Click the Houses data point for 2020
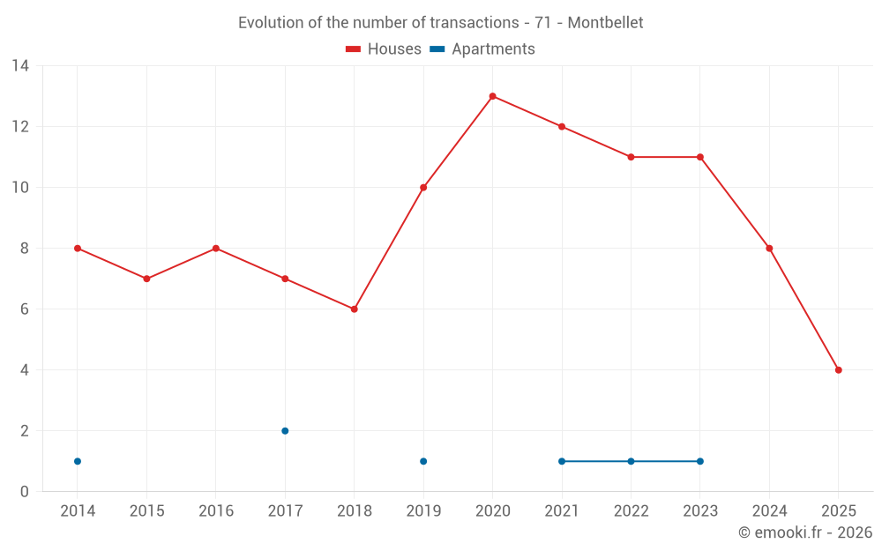pos(492,96)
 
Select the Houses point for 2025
pos(838,370)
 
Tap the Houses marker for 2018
pos(354,309)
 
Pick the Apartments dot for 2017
pos(285,431)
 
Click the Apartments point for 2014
pos(78,461)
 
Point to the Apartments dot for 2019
pos(423,461)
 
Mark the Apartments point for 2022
pos(631,461)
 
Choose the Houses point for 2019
pos(423,188)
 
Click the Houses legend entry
pos(384,49)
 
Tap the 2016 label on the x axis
pos(216,511)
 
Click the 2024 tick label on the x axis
pos(769,511)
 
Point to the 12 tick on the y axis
pos(20,126)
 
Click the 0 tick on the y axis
pos(25,492)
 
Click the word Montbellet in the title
pos(605,23)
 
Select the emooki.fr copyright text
pos(805,532)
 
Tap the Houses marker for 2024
pos(769,249)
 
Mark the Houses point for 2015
pos(146,279)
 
